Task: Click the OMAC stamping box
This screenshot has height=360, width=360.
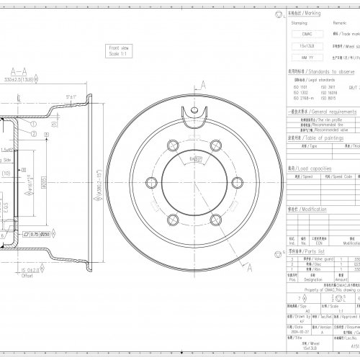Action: coord(306,33)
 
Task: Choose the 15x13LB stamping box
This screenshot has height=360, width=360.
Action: coord(306,45)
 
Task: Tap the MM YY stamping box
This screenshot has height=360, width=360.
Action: coord(306,56)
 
